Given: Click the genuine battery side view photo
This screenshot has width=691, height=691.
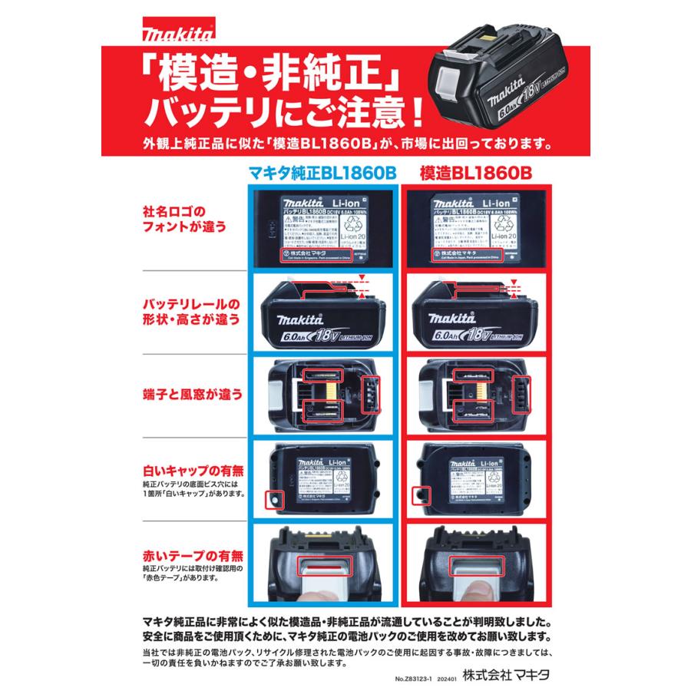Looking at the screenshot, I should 322,316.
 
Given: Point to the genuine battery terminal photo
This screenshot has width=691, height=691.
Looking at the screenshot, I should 322,396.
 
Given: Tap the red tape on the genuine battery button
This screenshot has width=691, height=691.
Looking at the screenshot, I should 322,567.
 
